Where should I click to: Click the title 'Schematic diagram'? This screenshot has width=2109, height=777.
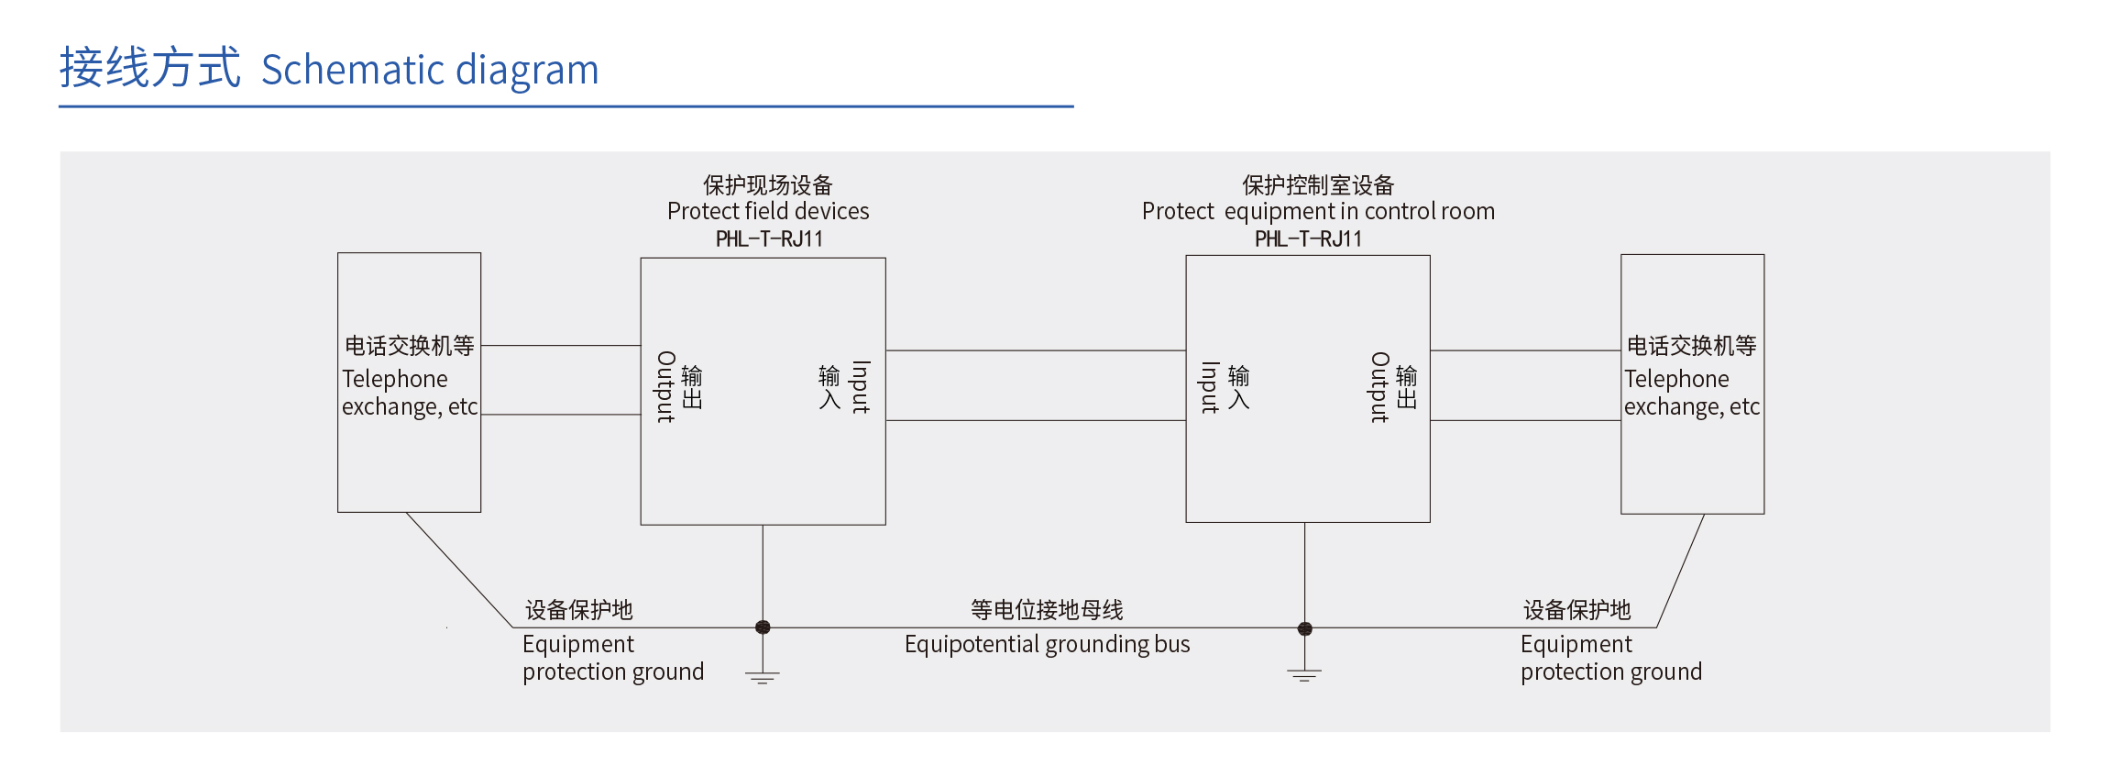430,71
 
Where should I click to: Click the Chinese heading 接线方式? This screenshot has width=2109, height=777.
150,68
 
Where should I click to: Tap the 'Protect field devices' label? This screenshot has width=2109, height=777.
768,211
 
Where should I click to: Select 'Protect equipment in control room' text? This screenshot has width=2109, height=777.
1318,211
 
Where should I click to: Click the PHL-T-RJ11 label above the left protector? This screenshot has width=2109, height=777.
769,239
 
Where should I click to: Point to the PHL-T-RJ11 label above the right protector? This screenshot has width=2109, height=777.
1308,239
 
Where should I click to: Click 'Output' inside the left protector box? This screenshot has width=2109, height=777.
666,387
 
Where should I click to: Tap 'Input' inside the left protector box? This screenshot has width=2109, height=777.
860,387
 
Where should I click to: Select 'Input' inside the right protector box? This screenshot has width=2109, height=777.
1210,387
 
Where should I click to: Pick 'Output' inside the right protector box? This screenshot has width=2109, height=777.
1379,387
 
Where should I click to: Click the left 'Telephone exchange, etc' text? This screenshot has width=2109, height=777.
410,393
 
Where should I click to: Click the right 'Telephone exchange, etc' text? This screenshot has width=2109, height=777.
1692,393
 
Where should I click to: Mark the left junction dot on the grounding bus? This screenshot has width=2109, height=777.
763,627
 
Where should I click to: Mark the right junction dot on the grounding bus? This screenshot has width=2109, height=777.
1305,628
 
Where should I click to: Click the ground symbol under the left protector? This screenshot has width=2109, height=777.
763,678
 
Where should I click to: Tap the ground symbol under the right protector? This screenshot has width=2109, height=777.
1304,676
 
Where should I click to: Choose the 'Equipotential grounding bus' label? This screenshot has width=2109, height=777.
1047,645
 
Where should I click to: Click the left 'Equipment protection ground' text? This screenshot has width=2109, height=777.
613,658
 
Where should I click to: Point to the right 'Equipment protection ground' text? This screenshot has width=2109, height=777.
1610,658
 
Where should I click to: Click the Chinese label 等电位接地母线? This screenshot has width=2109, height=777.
1047,610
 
